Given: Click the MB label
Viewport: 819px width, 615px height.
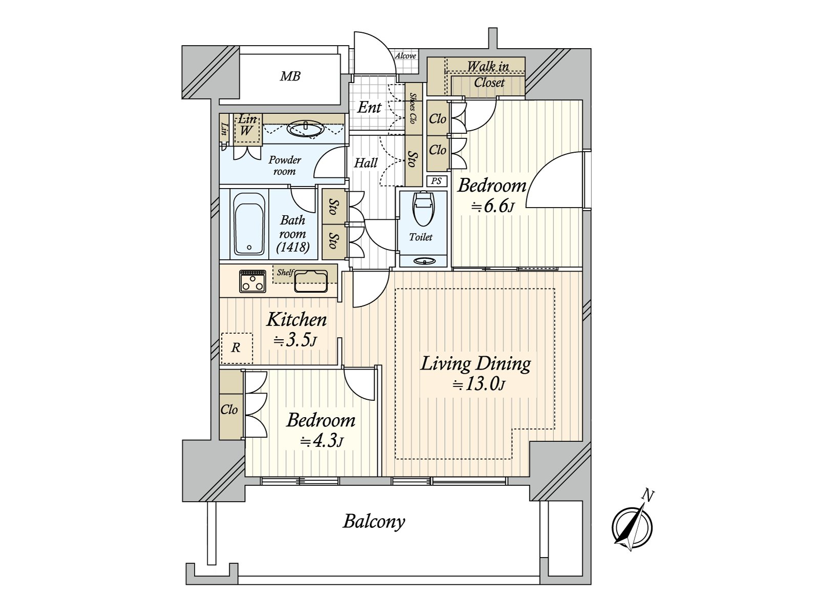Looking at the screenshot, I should click(x=290, y=77).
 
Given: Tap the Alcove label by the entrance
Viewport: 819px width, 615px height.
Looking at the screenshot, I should click(x=405, y=55).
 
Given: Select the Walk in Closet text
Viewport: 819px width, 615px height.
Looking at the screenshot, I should click(x=488, y=74).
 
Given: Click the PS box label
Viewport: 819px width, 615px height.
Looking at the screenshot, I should click(x=436, y=181).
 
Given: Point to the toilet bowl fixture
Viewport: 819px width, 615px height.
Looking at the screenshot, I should click(x=422, y=209).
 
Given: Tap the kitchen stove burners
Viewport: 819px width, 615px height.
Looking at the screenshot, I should click(x=252, y=281).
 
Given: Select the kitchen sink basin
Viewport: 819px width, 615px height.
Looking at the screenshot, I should click(x=311, y=280).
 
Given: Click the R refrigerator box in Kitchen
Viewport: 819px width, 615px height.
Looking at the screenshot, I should click(x=236, y=348).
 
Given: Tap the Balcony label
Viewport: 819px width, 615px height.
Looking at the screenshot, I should click(x=374, y=522).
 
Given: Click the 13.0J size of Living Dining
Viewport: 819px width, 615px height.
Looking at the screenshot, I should click(x=479, y=384).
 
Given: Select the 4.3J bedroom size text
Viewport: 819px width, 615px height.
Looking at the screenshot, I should click(x=321, y=441).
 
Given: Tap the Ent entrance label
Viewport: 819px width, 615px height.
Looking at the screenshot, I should click(x=369, y=107).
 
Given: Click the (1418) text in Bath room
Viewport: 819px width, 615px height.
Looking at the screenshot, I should click(x=293, y=248).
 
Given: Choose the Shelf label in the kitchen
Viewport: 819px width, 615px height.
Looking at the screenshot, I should click(x=285, y=273).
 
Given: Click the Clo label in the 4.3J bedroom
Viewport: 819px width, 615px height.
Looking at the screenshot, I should click(x=229, y=409).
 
